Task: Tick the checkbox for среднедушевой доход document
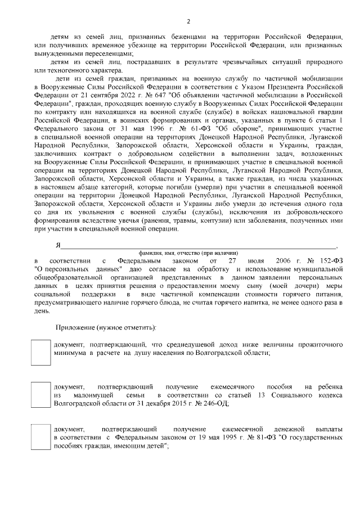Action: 40,353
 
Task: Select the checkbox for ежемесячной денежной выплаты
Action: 40,437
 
